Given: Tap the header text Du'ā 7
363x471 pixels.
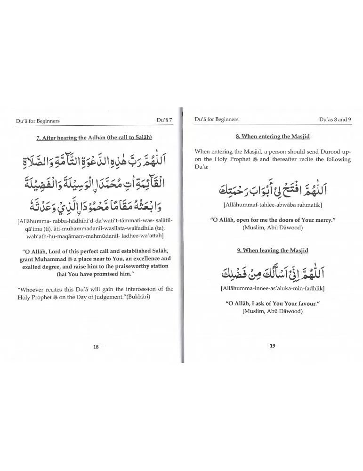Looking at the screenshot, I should [x=165, y=121].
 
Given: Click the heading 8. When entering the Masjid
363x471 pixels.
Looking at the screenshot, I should [x=273, y=137].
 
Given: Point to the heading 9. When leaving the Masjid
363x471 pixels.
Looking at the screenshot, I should [x=273, y=251].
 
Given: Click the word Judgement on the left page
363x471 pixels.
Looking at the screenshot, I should [x=109, y=297].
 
